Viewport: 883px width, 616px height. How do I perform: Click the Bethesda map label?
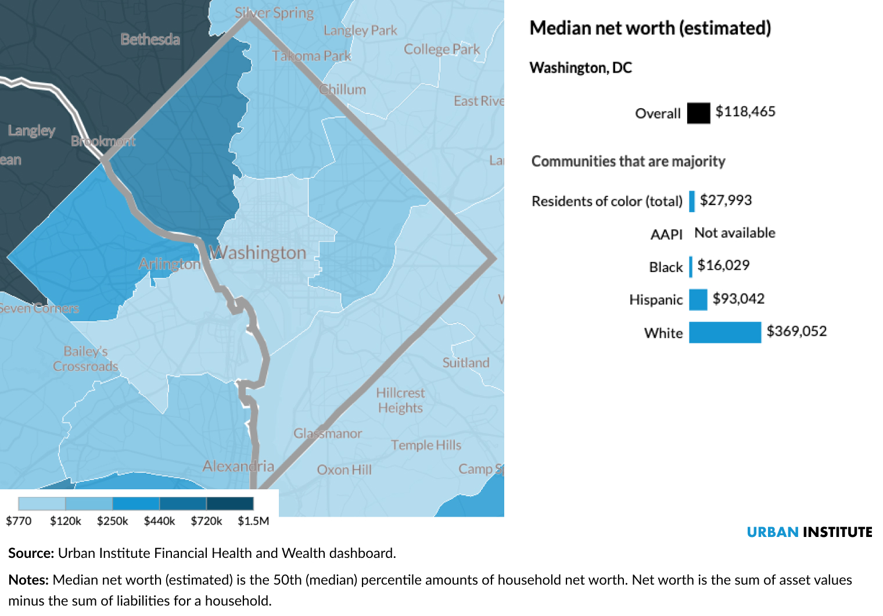point(150,40)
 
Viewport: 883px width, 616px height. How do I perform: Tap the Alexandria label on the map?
point(238,466)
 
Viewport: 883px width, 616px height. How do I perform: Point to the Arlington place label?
point(170,264)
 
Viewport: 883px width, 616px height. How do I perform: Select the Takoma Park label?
point(311,56)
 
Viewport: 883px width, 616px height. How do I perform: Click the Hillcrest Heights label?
point(400,400)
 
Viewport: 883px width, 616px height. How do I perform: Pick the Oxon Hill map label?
point(344,470)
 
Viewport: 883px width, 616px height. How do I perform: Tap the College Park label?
point(441,49)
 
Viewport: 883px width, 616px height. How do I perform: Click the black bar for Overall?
point(698,113)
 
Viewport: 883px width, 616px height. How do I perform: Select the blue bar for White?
point(724,332)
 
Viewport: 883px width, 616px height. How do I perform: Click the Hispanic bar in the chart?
point(698,299)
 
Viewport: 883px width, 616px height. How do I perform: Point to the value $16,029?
point(723,266)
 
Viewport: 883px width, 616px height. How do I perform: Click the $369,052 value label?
point(796,331)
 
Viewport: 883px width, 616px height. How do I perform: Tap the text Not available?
point(735,233)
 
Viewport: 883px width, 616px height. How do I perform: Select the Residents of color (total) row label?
point(607,201)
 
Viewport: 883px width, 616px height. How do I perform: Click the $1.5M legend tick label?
point(253,521)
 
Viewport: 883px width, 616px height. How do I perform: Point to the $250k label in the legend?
point(112,521)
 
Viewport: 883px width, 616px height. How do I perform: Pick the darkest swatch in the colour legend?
point(230,503)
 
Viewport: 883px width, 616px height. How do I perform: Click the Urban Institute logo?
point(809,532)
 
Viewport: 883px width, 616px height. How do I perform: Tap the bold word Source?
point(31,553)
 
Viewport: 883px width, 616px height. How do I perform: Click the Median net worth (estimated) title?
point(650,28)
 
